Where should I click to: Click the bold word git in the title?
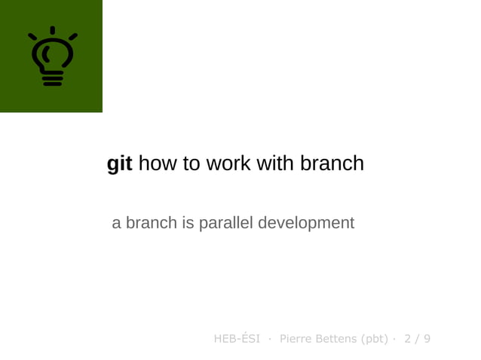119,163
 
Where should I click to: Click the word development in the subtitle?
306,224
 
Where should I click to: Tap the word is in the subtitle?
187,223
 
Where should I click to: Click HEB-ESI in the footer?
237,339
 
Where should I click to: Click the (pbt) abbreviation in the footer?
375,339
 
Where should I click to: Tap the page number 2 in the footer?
408,339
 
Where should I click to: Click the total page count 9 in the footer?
427,339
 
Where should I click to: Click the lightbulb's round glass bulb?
52,55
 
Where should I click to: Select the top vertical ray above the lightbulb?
52,30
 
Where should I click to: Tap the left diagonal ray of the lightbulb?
32,36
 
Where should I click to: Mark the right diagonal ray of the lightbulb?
72,36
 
